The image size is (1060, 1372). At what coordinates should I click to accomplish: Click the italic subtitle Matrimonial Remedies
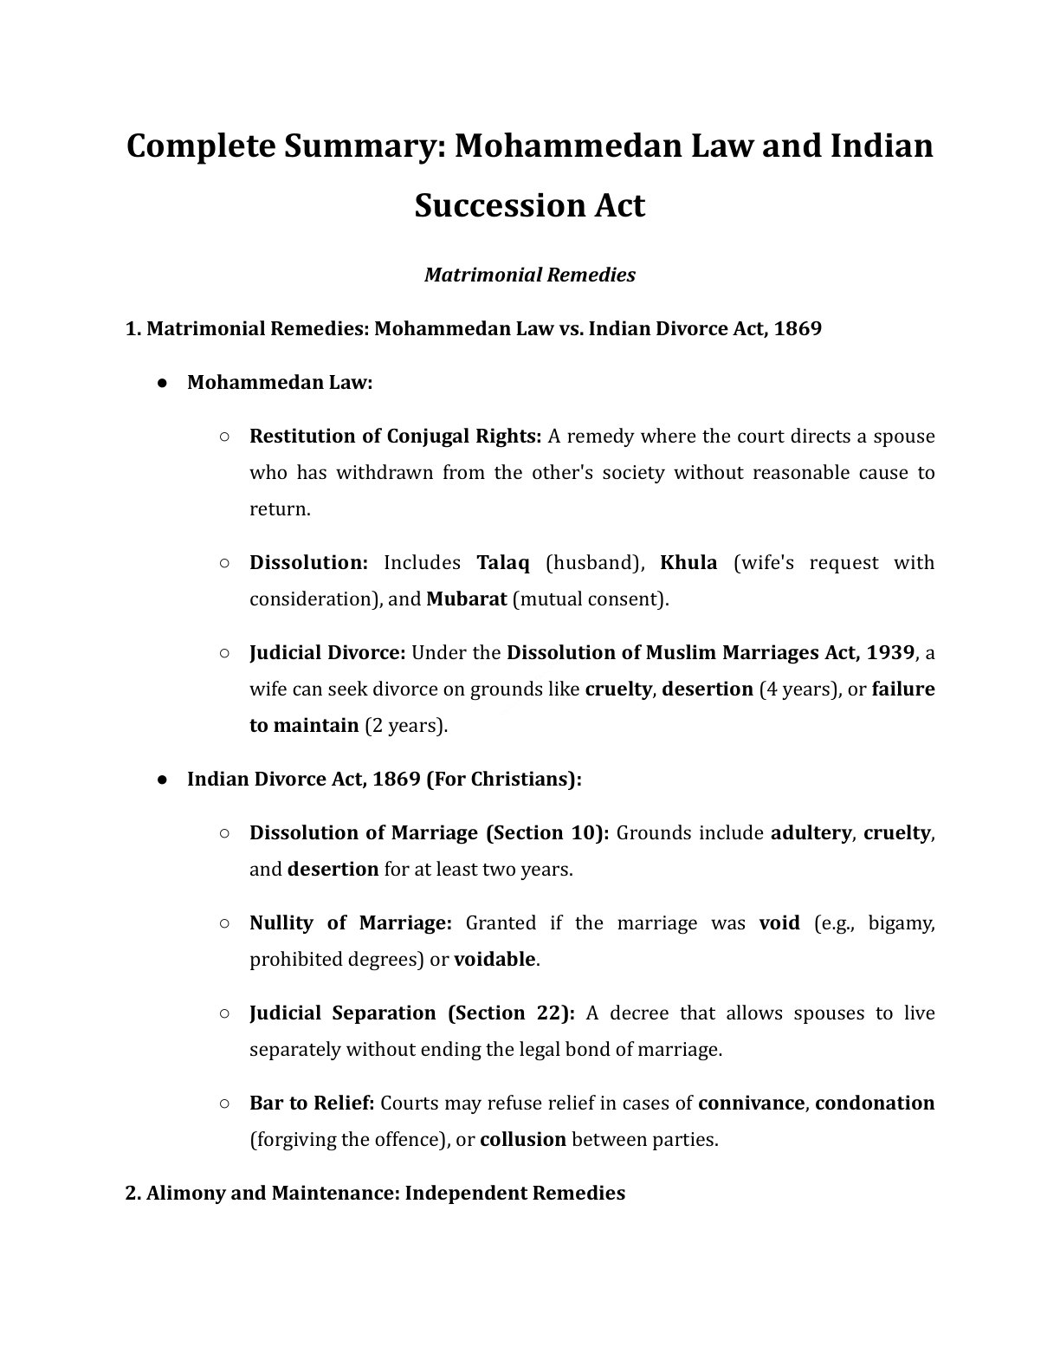[529, 275]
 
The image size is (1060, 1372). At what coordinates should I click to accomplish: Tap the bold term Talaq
[502, 563]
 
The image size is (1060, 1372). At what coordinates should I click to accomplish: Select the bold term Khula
[688, 563]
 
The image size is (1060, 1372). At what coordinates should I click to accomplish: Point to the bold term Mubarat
[466, 599]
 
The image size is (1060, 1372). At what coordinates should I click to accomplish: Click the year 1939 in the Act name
[889, 653]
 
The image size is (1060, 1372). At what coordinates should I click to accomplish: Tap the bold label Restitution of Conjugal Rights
[395, 437]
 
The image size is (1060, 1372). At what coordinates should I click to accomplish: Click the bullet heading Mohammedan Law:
[280, 383]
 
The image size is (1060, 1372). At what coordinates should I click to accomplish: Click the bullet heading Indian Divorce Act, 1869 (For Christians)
[384, 780]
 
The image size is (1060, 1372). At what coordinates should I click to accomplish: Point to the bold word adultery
[811, 833]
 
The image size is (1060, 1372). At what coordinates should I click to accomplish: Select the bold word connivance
[751, 1103]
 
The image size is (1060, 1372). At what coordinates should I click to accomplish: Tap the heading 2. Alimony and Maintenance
[374, 1194]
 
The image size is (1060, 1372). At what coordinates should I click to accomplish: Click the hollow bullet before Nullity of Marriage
[224, 923]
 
